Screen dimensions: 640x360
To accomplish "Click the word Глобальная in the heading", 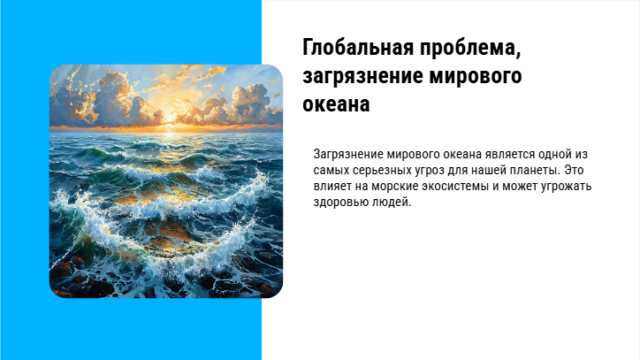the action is tap(358, 48).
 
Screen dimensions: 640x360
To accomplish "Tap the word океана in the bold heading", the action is tap(336, 103).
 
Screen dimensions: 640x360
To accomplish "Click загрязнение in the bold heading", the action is tap(362, 76).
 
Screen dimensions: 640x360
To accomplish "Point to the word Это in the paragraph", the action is tap(574, 170).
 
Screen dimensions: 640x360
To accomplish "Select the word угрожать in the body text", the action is tap(566, 187).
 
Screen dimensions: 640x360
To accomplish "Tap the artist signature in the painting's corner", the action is tap(63, 293).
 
